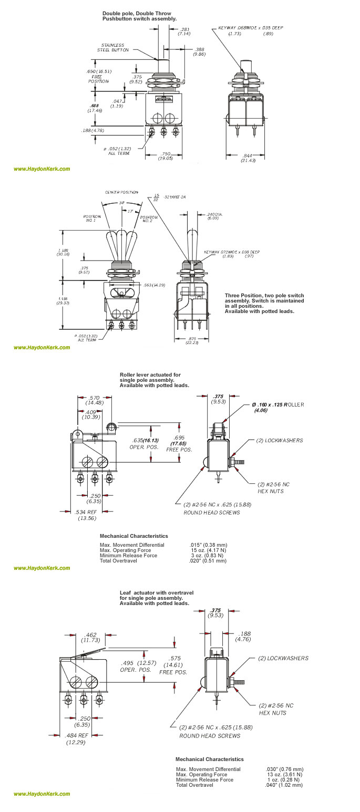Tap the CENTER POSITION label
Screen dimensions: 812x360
121,192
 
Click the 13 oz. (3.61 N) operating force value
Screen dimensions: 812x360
284,774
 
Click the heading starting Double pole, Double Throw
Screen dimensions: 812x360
136,16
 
